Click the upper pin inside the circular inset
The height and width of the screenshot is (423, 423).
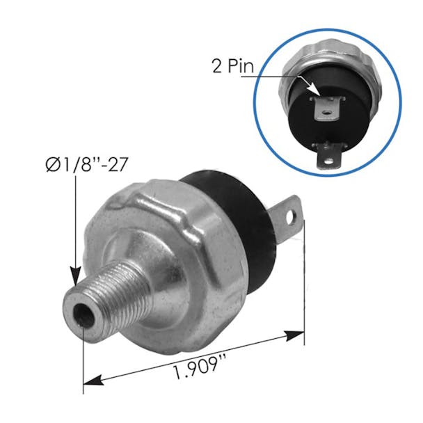tap(326, 106)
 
